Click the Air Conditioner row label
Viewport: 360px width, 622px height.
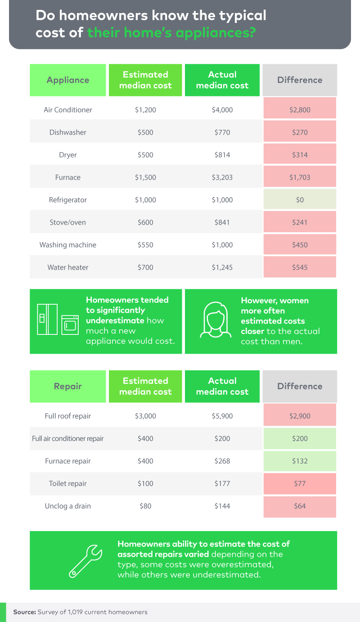[x=68, y=110]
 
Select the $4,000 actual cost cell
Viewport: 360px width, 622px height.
[x=222, y=110]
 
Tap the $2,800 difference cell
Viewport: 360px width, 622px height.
[x=300, y=110]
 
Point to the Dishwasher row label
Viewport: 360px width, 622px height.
[x=68, y=132]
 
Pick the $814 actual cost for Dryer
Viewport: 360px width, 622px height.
[x=222, y=155]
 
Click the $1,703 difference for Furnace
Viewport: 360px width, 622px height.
[x=300, y=177]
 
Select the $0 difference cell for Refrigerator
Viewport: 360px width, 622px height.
[x=300, y=200]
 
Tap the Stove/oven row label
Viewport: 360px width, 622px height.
[x=68, y=222]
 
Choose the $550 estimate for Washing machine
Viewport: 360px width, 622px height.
[x=145, y=245]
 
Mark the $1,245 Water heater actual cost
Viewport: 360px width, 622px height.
[x=222, y=267]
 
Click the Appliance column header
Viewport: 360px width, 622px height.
[x=68, y=80]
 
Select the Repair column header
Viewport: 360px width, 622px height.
[x=68, y=386]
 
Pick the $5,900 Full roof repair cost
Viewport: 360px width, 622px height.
[x=222, y=416]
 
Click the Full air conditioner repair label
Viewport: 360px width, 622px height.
[x=68, y=438]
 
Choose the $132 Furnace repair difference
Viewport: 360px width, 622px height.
[x=300, y=461]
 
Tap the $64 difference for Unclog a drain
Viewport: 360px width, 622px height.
[x=300, y=506]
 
